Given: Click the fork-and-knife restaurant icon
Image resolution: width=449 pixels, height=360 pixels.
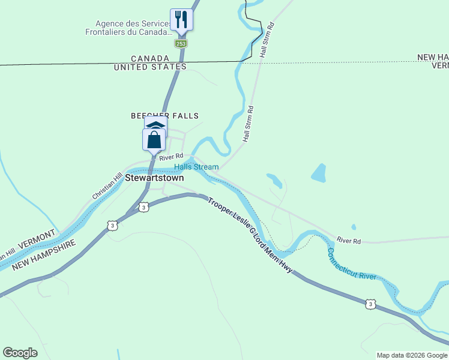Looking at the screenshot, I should (181, 19).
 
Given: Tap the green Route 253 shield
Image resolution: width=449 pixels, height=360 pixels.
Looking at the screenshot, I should (181, 44).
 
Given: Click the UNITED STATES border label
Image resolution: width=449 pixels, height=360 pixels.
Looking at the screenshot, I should (150, 67).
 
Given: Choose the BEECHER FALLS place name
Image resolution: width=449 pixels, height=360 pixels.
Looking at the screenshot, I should (164, 116).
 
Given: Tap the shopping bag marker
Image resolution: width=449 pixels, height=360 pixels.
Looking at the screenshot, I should (154, 140).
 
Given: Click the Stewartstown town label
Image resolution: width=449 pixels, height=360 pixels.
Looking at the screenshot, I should (154, 178).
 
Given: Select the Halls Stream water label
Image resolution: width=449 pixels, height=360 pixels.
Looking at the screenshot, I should (196, 167).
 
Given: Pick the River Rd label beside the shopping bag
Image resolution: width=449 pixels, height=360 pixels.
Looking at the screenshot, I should (170, 157).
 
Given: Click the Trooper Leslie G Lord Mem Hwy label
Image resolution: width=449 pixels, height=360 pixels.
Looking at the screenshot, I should (250, 235).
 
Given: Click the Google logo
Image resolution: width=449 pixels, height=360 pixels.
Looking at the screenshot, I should (20, 353).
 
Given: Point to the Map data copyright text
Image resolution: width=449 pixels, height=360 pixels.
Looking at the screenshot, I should (412, 355).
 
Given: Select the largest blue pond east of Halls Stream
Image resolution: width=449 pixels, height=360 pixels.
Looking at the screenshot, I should (319, 173).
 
